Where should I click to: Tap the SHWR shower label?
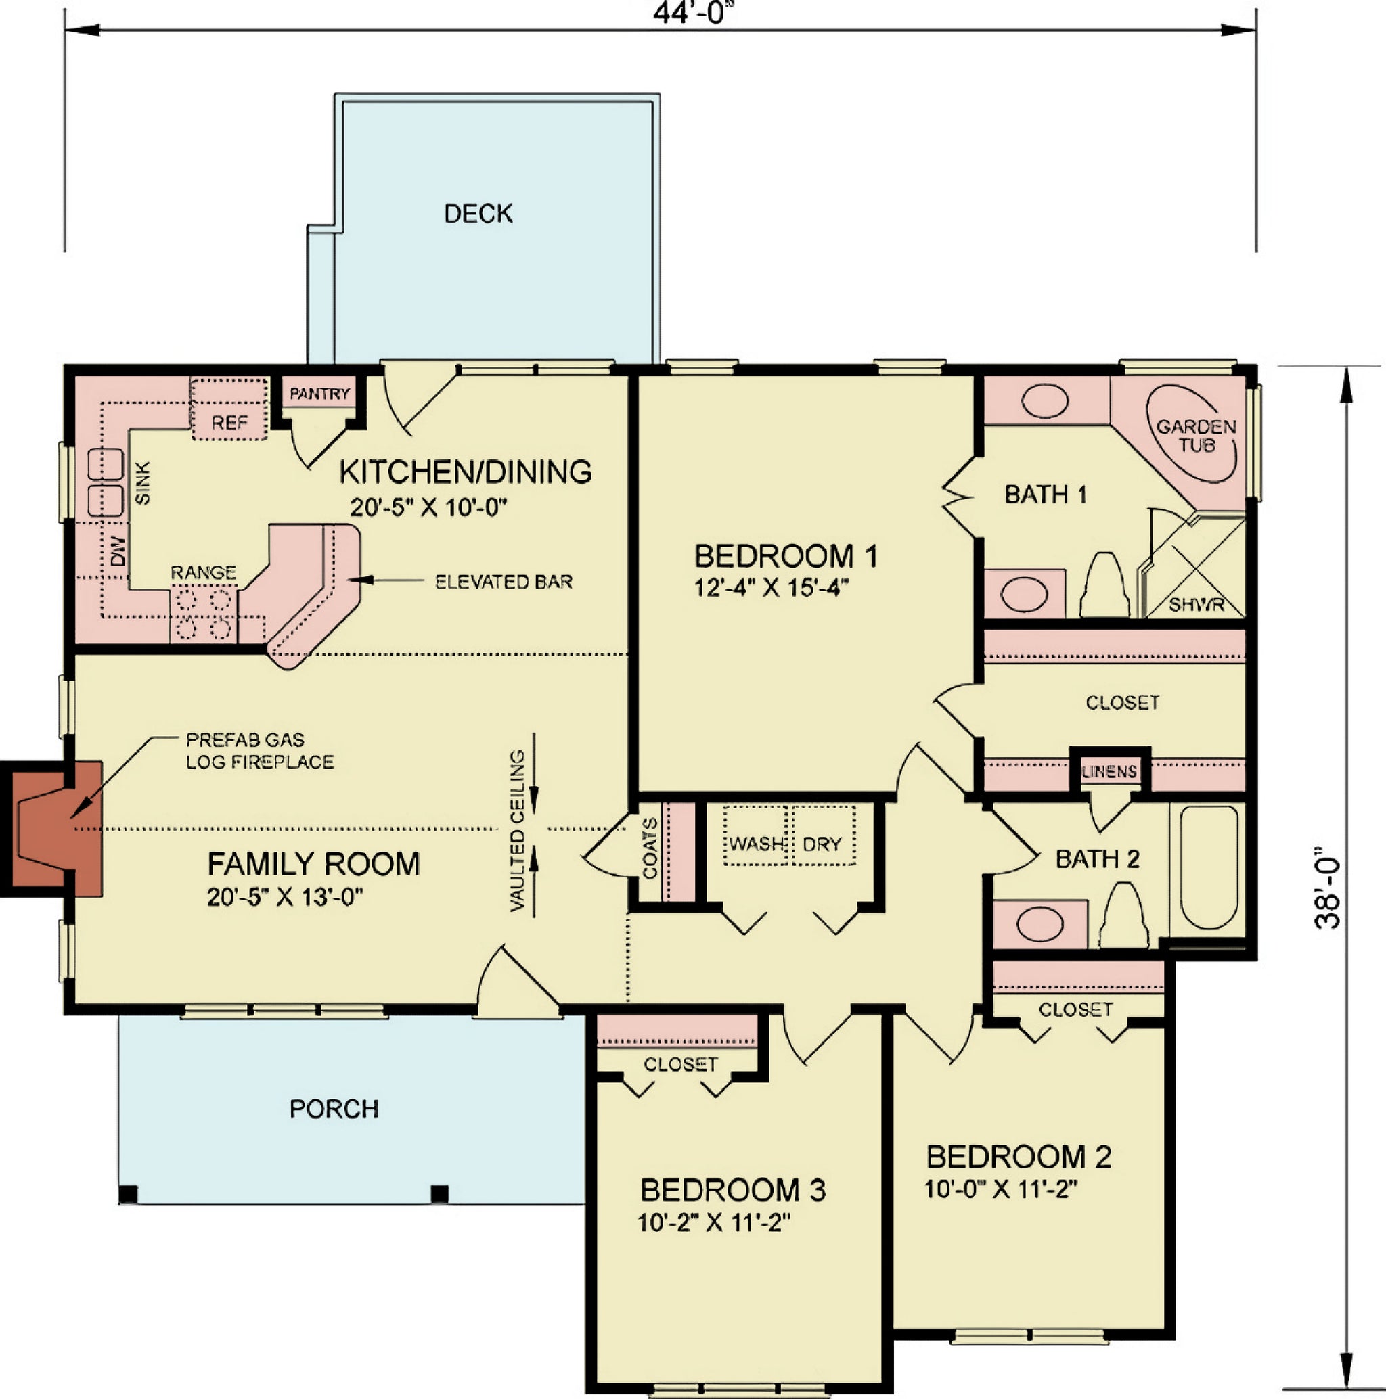pos(1197,605)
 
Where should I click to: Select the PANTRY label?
pos(319,394)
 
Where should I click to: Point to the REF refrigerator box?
pos(229,409)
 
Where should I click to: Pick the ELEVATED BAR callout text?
pos(504,582)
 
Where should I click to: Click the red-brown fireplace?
pos(51,829)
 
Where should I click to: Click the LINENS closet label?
pos(1109,772)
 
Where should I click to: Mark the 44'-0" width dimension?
pos(688,12)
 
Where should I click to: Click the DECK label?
pos(478,214)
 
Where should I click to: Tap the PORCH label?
pos(334,1109)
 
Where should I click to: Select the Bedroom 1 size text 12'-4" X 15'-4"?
pos(771,588)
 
